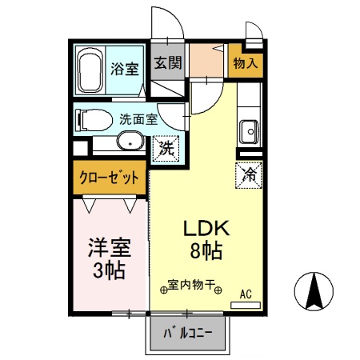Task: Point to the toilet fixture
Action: pyautogui.click(x=90, y=119)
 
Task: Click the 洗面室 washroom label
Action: pyautogui.click(x=138, y=120)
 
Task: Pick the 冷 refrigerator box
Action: pyautogui.click(x=248, y=174)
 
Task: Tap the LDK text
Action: pyautogui.click(x=208, y=229)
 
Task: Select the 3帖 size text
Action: pyautogui.click(x=109, y=270)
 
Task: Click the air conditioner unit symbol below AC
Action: pyautogui.click(x=248, y=305)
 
